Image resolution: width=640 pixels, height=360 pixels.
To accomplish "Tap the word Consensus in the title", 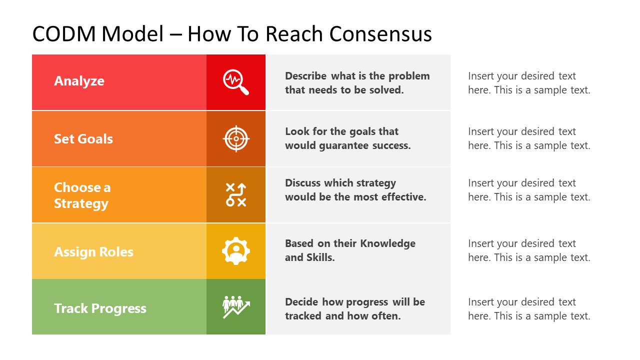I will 380,34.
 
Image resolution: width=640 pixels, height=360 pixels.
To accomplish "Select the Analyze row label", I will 79,81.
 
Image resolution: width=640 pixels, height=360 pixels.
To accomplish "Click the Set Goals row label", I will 83,138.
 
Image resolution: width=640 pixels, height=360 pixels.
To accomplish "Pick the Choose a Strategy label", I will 82,195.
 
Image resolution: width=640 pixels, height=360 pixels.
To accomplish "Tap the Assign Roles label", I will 93,251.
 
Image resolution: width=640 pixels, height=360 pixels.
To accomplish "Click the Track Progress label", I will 100,308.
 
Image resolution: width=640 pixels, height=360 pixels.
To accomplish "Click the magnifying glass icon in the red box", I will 235,82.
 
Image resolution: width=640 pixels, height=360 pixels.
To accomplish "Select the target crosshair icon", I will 235,138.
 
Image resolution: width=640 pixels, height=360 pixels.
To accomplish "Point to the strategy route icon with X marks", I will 235,195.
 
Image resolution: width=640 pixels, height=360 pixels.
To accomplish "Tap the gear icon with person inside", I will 235,251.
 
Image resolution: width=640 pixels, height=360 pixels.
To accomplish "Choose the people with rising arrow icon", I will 235,307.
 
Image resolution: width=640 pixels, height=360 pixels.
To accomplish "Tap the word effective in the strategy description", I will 403,197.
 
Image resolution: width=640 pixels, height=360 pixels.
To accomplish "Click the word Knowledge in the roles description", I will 388,243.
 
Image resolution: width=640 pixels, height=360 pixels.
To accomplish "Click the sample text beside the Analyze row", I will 529,83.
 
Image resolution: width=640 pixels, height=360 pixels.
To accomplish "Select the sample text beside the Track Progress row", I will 529,309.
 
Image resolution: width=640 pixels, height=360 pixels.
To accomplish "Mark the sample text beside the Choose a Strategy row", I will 529,190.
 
